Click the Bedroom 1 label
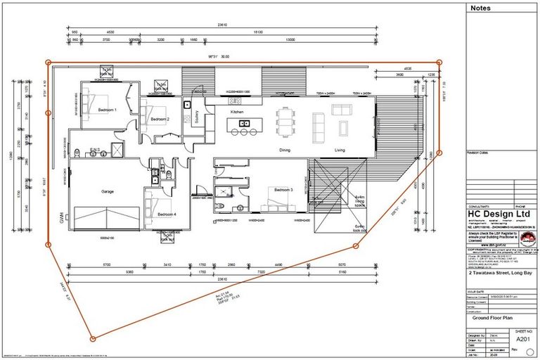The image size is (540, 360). (x=107, y=110)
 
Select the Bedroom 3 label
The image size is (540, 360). (x=284, y=190)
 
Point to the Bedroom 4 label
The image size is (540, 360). (x=167, y=214)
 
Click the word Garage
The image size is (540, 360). (x=107, y=191)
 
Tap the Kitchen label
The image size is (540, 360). (x=237, y=112)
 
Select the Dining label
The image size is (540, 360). (x=285, y=150)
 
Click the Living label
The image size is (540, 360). (x=340, y=150)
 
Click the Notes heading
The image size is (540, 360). (x=481, y=8)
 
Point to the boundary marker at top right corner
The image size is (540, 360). (x=439, y=63)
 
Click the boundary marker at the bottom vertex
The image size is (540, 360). (x=93, y=339)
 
